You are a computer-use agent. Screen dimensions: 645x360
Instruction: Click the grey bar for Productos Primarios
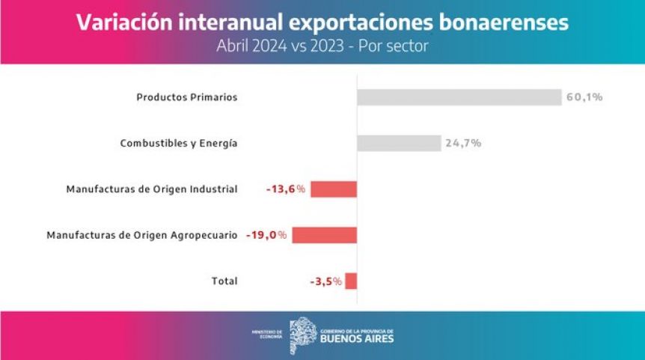click(459, 97)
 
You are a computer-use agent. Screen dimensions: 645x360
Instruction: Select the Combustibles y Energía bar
click(399, 143)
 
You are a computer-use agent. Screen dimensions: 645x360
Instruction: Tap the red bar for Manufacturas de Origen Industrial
click(334, 189)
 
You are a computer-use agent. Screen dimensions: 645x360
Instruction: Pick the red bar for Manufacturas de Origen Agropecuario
click(325, 235)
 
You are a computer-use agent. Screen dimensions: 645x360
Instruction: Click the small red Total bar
click(351, 281)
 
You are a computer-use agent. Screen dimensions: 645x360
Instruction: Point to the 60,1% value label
click(584, 97)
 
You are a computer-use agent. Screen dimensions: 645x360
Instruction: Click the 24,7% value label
click(463, 143)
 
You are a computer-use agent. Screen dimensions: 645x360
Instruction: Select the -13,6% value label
click(286, 189)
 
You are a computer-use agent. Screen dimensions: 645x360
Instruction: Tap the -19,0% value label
click(266, 235)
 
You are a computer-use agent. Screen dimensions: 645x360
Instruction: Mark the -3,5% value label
click(325, 281)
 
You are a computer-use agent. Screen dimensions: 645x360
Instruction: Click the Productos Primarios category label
click(187, 97)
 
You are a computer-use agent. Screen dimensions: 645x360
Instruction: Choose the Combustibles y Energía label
click(179, 144)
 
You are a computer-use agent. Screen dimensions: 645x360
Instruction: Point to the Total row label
click(224, 281)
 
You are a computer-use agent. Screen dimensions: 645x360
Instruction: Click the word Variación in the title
click(125, 22)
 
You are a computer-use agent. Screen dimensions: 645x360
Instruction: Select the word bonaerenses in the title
click(504, 22)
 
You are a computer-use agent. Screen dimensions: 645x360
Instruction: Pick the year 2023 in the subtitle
click(327, 46)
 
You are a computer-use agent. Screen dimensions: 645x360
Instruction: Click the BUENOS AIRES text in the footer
click(357, 339)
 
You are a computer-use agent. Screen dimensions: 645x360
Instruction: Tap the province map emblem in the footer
click(303, 335)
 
